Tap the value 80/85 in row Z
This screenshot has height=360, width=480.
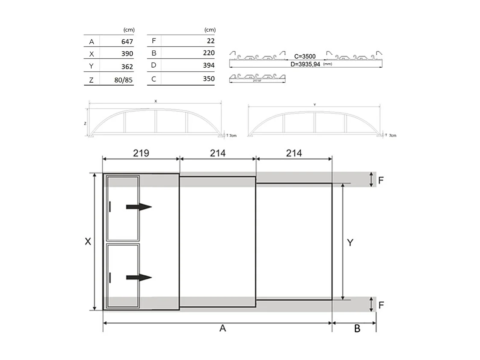point(124,80)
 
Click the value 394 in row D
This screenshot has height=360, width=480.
point(209,65)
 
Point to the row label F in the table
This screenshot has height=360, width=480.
point(154,42)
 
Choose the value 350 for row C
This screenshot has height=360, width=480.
point(209,79)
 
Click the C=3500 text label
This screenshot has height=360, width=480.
point(305,56)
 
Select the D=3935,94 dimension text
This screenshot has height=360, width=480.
point(305,64)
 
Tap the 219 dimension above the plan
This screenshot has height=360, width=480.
point(141,153)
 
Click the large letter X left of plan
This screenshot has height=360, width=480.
point(88,241)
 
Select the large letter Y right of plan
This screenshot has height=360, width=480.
point(350,243)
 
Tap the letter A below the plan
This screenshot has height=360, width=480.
point(222,328)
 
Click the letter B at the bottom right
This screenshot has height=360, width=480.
point(357,329)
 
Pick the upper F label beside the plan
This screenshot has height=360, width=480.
point(381,180)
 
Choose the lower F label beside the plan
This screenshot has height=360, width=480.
point(381,305)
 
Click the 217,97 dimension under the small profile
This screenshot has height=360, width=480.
point(257,80)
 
